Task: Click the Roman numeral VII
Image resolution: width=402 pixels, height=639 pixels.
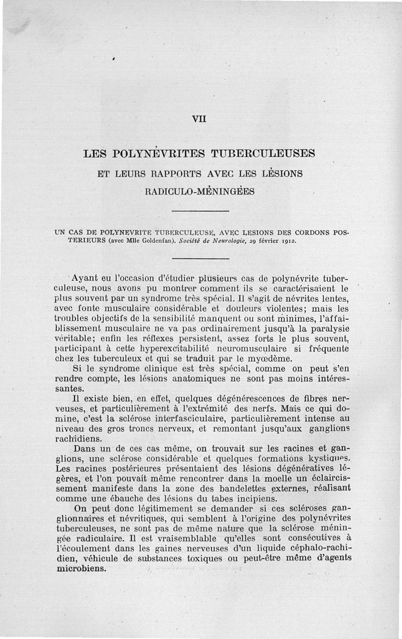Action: [x=199, y=119]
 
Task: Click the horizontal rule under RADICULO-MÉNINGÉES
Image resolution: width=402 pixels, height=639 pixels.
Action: [x=200, y=211]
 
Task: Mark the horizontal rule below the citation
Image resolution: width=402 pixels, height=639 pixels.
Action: [x=200, y=258]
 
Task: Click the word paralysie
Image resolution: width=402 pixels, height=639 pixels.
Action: [x=327, y=328]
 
